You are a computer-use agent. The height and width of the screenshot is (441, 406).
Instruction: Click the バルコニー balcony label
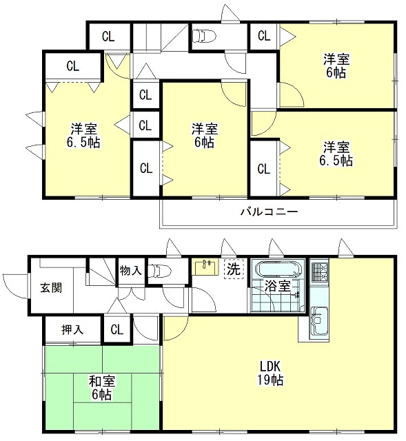coord(269,212)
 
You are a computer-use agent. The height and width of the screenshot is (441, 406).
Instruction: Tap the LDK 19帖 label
coord(270,373)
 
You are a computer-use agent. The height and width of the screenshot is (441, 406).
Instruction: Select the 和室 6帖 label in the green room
coord(102,387)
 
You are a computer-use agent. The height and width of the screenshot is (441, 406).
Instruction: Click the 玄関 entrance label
coord(51,288)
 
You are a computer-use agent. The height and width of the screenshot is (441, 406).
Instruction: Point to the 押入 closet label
coord(72,329)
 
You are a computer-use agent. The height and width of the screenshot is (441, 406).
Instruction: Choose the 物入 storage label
coord(130,271)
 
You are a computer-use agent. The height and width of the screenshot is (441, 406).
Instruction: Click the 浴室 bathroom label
coord(277,287)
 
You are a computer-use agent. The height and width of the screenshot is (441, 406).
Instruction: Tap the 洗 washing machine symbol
coord(234,269)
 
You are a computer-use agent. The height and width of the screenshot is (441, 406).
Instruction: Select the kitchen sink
coord(318,320)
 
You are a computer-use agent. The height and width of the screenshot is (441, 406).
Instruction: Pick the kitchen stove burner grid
coord(319,271)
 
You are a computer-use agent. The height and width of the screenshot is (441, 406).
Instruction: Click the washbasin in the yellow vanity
coord(205,266)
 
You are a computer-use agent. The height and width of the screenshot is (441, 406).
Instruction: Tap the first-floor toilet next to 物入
coord(159,271)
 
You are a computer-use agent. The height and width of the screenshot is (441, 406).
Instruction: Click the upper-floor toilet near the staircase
coord(204,37)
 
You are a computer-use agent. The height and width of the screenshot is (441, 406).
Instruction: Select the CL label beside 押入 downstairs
coord(117,329)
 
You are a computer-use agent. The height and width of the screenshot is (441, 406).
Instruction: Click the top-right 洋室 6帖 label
coord(336,65)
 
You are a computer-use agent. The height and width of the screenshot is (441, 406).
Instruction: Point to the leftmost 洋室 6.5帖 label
coord(83,135)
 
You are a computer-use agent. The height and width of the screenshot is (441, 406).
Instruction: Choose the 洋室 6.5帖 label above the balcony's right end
coord(336,154)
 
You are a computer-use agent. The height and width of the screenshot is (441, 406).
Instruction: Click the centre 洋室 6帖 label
coord(205,135)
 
